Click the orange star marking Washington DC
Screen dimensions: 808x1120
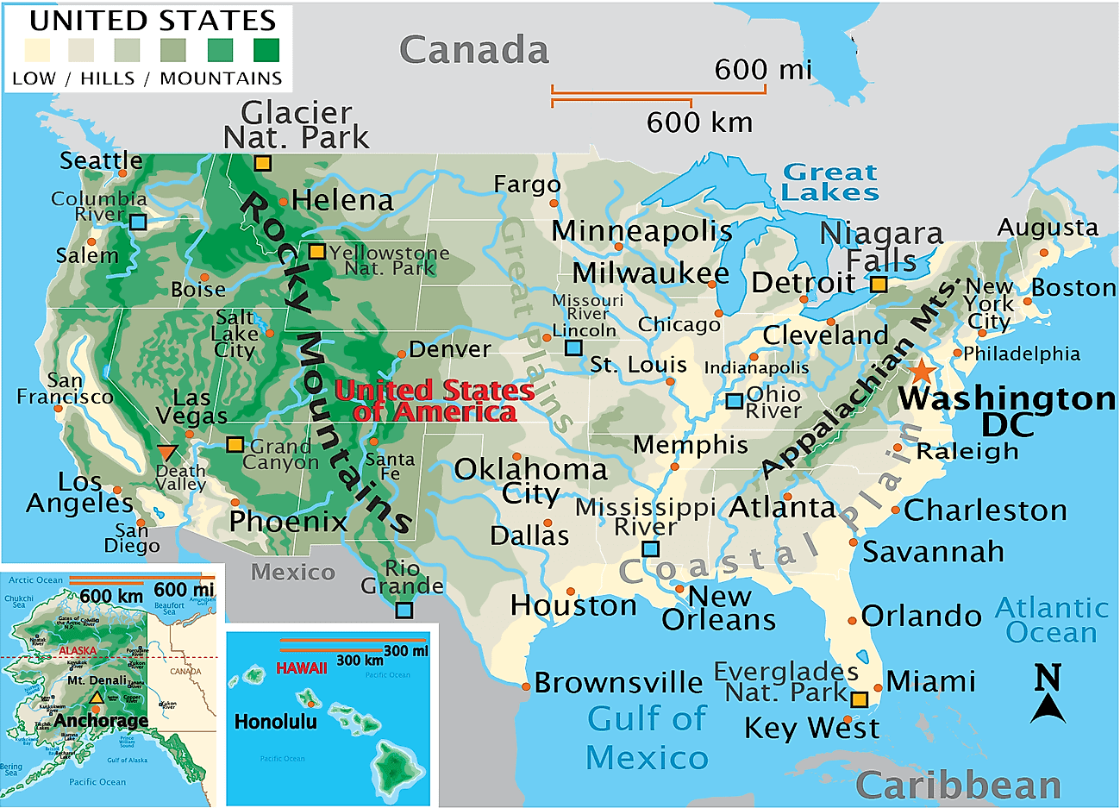(x=922, y=372)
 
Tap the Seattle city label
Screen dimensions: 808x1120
(x=101, y=160)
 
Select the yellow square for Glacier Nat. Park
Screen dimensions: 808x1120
(x=262, y=163)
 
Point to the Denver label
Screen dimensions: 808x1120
(x=449, y=349)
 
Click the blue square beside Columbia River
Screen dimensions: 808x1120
(x=138, y=222)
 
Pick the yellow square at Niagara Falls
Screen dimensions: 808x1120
(x=878, y=284)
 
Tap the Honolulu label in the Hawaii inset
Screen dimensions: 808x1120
(x=276, y=722)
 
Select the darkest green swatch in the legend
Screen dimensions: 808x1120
(x=266, y=50)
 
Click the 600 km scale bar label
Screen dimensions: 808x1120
(x=699, y=122)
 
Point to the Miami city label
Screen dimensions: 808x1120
(x=930, y=681)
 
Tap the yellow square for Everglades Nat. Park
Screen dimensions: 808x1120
(x=859, y=699)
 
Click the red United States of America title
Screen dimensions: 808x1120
(x=435, y=401)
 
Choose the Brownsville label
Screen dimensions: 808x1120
(x=618, y=682)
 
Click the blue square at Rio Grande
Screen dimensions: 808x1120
(x=404, y=611)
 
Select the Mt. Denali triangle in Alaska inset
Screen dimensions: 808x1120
(x=97, y=697)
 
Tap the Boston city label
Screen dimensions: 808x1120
(x=1073, y=287)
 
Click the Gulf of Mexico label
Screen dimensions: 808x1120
(x=647, y=737)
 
